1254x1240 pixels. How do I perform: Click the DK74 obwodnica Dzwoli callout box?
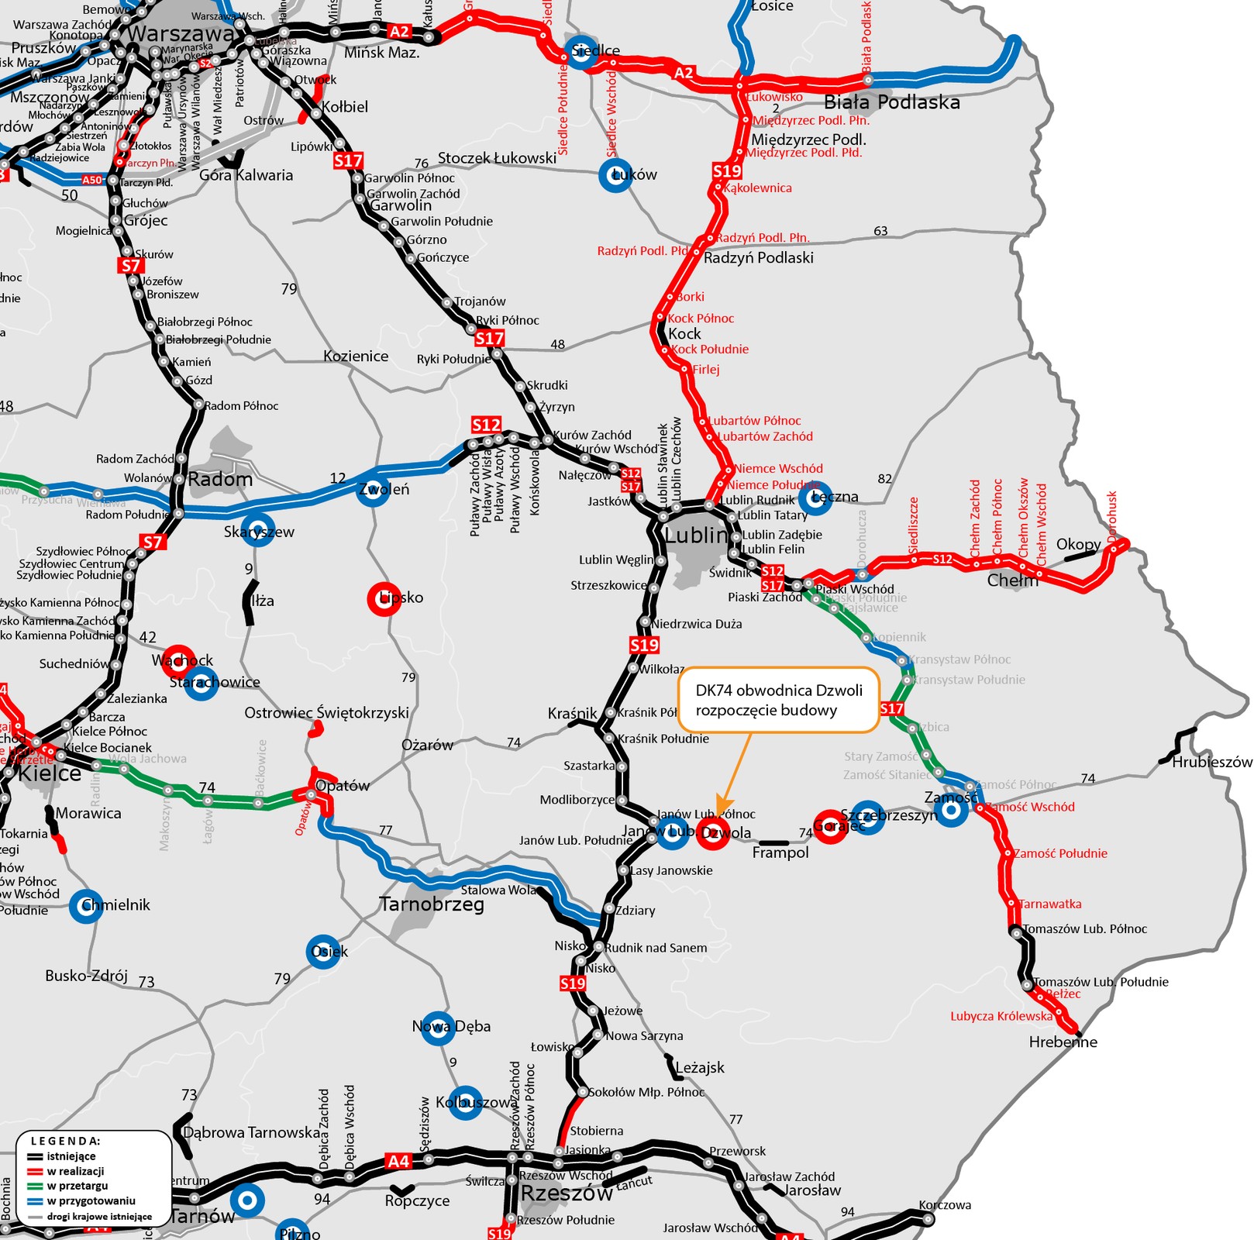pos(778,700)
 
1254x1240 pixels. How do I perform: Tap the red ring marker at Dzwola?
pos(713,834)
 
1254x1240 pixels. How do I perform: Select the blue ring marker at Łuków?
pos(615,175)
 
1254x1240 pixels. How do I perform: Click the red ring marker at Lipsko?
pos(384,598)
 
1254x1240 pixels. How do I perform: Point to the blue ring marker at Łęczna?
pos(815,498)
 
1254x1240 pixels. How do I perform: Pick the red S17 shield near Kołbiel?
pos(348,160)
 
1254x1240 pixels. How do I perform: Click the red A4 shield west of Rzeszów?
pos(398,1161)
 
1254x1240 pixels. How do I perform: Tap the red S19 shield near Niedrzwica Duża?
pos(644,645)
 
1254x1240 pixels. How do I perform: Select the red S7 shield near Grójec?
pos(131,266)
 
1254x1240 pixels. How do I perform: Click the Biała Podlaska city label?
pos(891,102)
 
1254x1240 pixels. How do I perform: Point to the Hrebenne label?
pos(1063,1042)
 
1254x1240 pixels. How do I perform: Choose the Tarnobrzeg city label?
pos(432,904)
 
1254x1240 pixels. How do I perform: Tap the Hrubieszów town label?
pos(1211,762)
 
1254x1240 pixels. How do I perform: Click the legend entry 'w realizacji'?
pos(75,1171)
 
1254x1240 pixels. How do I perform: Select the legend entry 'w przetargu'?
pos(77,1186)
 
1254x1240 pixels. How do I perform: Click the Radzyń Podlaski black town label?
pos(758,258)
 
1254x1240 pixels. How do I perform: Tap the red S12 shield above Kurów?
pos(486,425)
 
